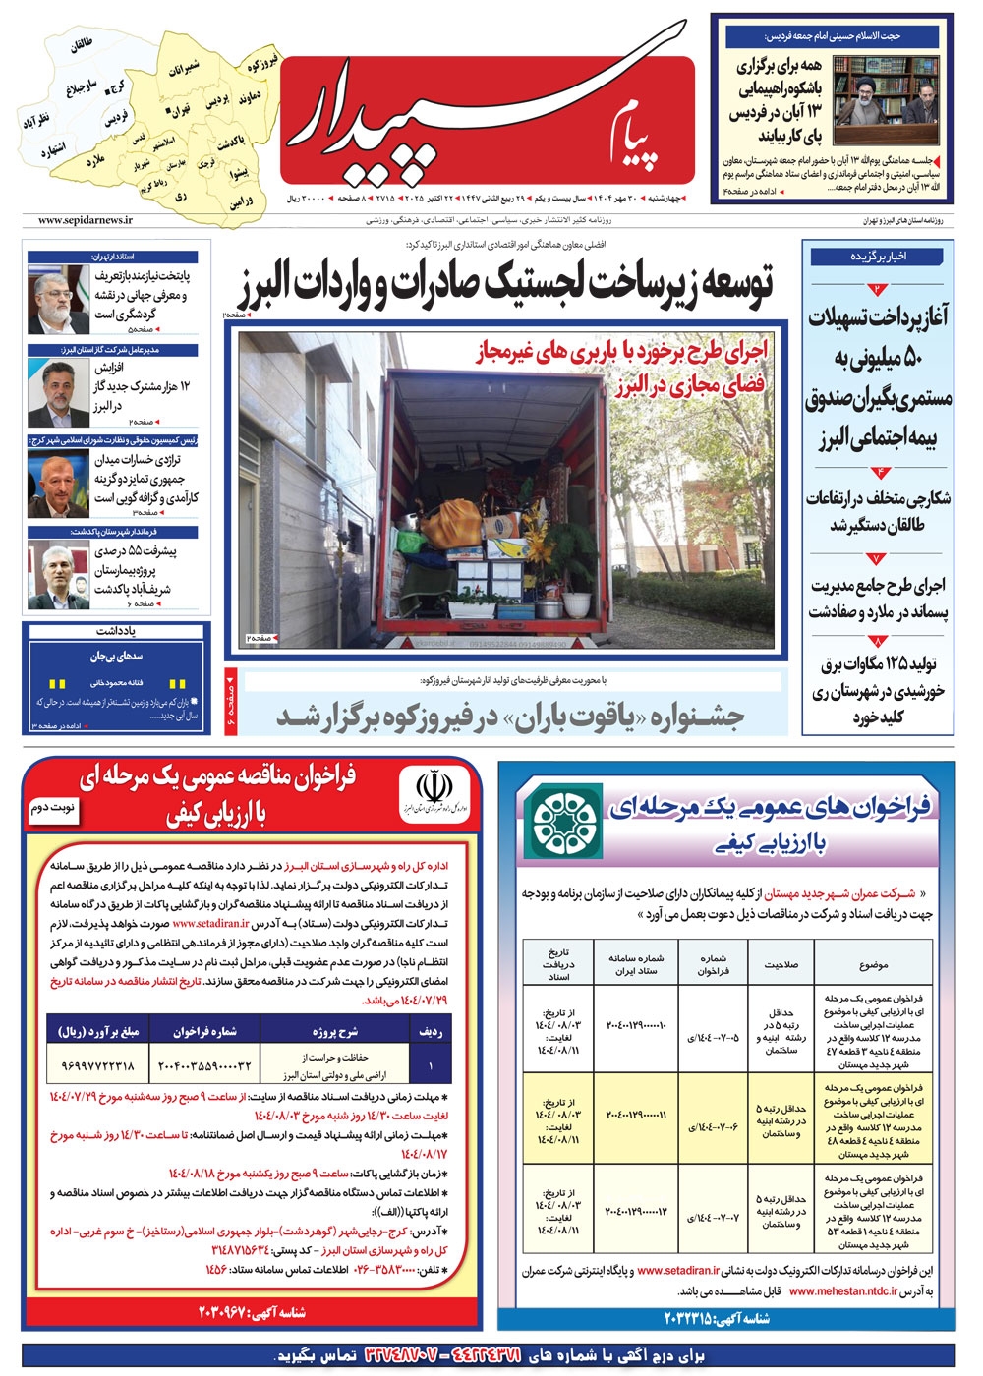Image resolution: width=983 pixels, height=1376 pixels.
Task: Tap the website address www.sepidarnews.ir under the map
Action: click(86, 221)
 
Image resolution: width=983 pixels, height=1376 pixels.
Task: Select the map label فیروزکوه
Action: click(263, 61)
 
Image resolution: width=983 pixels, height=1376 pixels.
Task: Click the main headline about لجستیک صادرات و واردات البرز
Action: click(503, 285)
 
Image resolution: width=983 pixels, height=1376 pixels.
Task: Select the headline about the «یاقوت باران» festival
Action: click(511, 717)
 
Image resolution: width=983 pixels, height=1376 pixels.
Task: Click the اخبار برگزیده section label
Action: click(877, 257)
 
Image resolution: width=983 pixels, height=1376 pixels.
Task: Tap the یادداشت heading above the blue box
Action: click(115, 630)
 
